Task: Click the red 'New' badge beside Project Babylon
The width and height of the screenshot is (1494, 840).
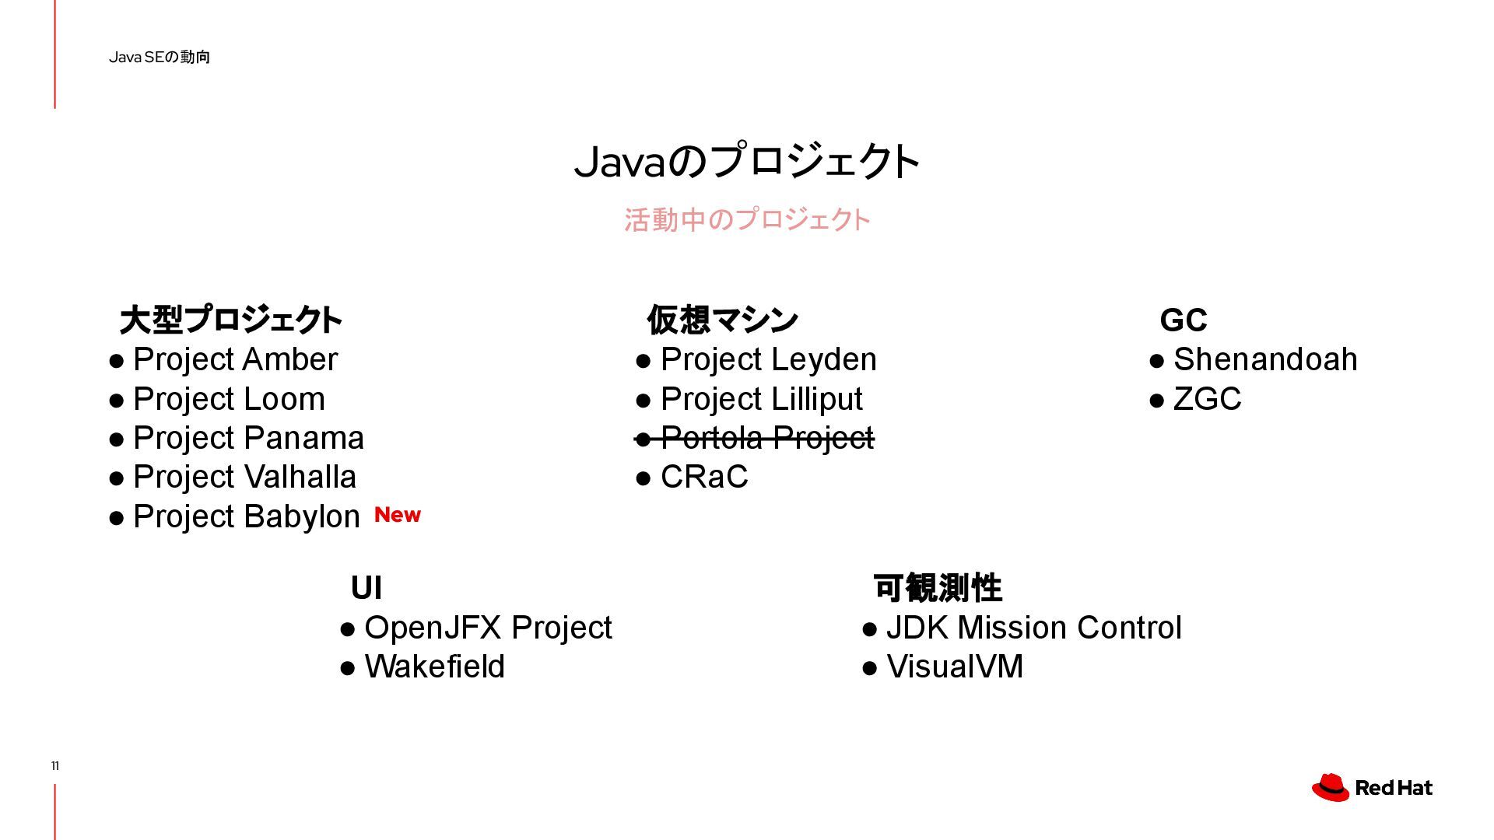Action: coord(397,515)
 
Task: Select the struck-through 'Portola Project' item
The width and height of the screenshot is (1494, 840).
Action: coord(766,438)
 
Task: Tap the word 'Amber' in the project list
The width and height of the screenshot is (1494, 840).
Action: coord(289,359)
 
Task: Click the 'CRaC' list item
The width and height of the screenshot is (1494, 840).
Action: coord(703,477)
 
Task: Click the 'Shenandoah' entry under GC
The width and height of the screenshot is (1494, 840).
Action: coord(1264,359)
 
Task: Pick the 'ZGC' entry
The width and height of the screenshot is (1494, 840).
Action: coord(1206,399)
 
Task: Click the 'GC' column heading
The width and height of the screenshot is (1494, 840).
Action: coord(1183,320)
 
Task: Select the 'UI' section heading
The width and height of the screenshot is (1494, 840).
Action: coord(366,588)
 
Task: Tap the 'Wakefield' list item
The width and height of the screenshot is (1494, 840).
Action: coord(434,667)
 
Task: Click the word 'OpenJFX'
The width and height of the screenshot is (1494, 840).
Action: coord(433,628)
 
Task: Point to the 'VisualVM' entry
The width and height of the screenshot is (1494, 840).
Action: coord(954,667)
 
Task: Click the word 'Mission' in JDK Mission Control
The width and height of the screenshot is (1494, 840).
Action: coord(1012,628)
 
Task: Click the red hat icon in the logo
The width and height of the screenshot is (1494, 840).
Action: coord(1331,787)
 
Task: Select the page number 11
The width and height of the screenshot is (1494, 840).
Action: coord(55,766)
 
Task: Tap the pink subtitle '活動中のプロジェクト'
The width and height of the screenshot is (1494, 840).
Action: coord(747,220)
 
